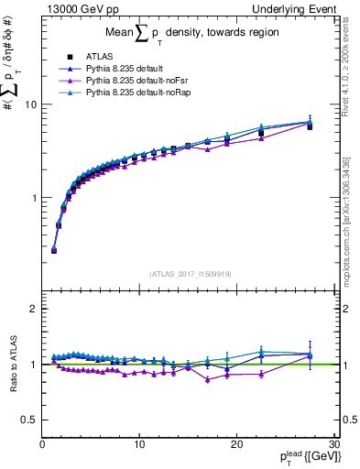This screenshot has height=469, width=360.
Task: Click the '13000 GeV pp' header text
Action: point(78,8)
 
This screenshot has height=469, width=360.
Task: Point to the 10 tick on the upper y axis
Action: point(30,104)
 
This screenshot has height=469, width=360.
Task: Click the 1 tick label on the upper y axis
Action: point(33,198)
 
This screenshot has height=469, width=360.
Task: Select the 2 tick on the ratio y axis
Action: point(33,309)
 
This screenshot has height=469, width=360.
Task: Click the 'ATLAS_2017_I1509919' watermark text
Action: point(191,273)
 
